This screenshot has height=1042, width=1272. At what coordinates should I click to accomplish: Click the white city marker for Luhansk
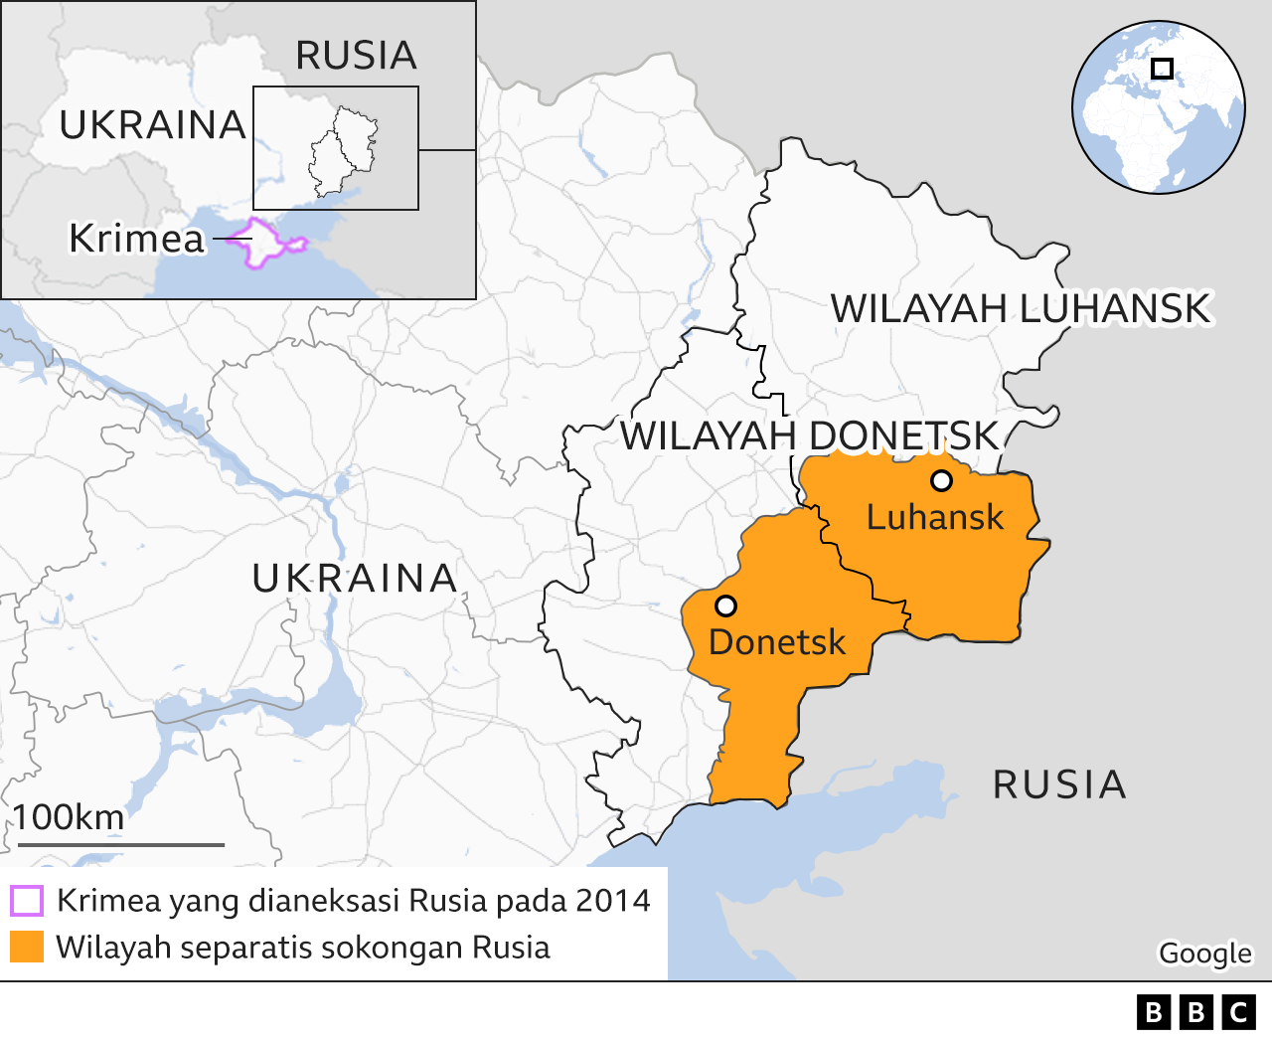941,481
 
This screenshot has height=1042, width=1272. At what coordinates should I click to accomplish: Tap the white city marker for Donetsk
725,606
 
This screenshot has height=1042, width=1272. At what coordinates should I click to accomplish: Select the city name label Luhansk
935,517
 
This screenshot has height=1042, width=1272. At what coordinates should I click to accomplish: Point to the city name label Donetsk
777,642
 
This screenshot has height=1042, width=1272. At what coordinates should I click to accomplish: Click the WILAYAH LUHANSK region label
1021,309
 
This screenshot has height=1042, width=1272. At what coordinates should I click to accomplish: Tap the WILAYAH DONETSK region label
809,435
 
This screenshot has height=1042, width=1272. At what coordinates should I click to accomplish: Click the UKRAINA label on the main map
355,578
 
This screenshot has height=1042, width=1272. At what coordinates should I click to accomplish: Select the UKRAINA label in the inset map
152,125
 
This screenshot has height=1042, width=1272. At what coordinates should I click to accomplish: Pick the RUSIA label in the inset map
356,56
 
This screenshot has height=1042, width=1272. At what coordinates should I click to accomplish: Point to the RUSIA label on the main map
1059,784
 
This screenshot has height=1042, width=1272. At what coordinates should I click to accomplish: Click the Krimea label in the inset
136,239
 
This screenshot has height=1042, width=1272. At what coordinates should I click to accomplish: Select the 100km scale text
69,817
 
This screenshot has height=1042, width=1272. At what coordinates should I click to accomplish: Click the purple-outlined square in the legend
27,901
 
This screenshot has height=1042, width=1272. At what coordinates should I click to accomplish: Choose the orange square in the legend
27,947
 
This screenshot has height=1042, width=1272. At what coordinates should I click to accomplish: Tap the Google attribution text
1204,953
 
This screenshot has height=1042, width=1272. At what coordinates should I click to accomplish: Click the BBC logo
1195,1012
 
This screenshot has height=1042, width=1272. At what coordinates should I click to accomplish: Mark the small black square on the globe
1162,69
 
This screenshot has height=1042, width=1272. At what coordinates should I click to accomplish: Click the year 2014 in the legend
612,901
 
